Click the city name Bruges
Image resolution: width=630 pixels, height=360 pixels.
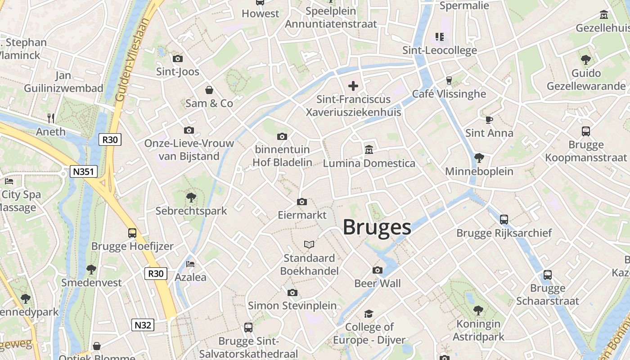tap(377, 228)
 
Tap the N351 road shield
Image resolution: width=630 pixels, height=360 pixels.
tap(84, 171)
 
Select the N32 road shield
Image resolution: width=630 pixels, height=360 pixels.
tap(143, 325)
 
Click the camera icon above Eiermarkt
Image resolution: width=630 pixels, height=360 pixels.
tap(302, 202)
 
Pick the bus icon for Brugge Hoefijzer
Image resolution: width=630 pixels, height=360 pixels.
tap(132, 233)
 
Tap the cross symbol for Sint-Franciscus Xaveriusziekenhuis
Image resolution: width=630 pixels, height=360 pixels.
tap(353, 85)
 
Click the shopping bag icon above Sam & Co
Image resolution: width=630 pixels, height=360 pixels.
tap(209, 90)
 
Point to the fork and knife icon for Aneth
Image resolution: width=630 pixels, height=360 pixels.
tap(51, 118)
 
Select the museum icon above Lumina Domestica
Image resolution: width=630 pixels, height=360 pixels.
tap(369, 149)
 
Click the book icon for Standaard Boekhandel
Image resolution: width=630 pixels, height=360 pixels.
tap(309, 245)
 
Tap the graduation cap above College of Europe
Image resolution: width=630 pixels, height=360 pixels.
tap(369, 314)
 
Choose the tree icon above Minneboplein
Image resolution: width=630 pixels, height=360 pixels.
tap(479, 158)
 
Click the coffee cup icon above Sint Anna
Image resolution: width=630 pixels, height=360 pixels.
tap(489, 120)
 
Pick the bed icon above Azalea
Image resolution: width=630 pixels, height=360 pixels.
tap(190, 264)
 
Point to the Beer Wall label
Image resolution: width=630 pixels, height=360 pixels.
tap(378, 283)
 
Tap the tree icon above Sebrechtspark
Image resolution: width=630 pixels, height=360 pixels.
tap(191, 197)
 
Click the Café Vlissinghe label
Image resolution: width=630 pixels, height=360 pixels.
tap(449, 94)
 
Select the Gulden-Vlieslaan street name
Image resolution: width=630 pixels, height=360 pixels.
tap(132, 59)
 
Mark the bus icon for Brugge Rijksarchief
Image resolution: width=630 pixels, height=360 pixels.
tap(504, 220)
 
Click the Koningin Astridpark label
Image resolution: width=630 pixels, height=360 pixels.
tap(478, 330)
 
